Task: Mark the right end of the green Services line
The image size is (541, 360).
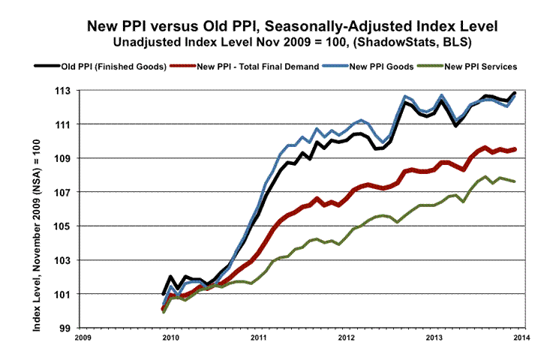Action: (514, 181)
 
